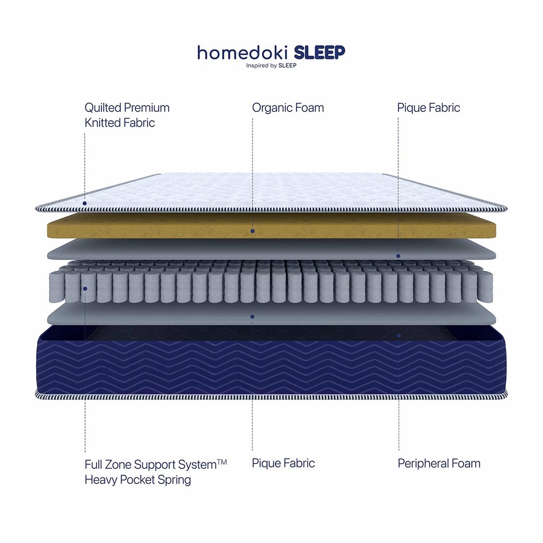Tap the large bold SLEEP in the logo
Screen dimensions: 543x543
click(x=320, y=52)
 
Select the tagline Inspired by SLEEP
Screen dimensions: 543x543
click(x=271, y=65)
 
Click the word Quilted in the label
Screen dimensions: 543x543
click(x=102, y=108)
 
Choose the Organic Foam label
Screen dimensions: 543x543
click(x=288, y=108)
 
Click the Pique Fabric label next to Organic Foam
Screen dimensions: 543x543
click(x=428, y=108)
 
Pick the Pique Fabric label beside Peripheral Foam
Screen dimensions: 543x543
click(x=283, y=463)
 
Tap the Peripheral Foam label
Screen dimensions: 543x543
click(x=439, y=463)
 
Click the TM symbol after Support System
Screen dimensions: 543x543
click(x=222, y=462)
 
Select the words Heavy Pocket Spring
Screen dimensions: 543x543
click(x=138, y=480)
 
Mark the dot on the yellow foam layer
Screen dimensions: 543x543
click(x=252, y=231)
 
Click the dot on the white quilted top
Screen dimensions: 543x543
click(x=84, y=203)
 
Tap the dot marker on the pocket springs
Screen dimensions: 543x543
click(x=85, y=288)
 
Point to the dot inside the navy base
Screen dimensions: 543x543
click(x=399, y=336)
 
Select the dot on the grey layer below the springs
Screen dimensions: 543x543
click(x=252, y=317)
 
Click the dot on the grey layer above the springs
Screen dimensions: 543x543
click(x=398, y=256)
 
